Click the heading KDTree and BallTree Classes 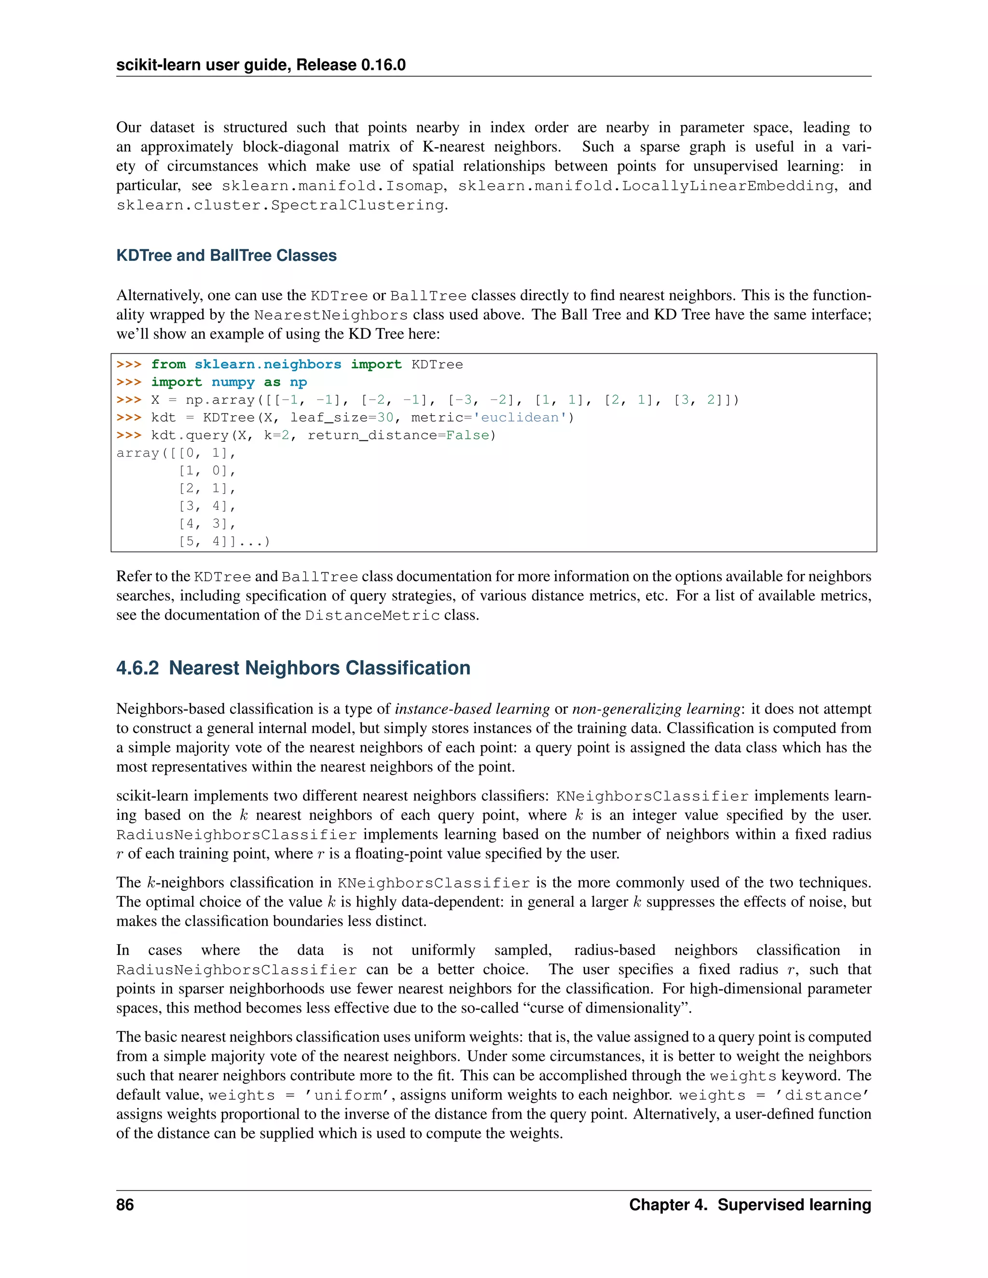(227, 255)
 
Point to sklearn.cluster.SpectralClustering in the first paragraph (280, 205)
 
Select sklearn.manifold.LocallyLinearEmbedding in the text (645, 186)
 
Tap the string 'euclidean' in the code (520, 418)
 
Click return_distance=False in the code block (398, 435)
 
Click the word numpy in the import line (233, 382)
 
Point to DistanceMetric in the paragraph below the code (372, 615)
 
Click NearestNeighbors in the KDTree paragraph (330, 315)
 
